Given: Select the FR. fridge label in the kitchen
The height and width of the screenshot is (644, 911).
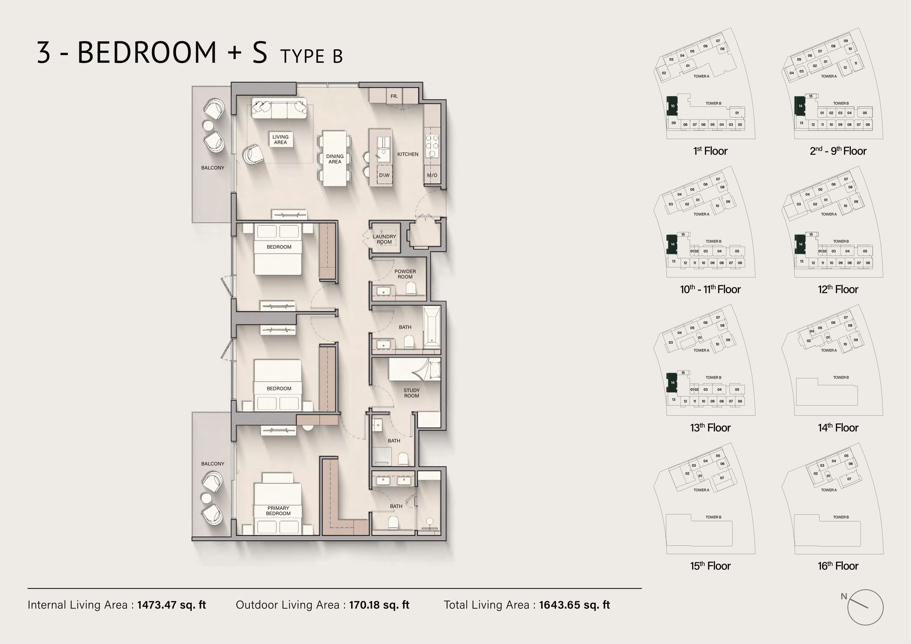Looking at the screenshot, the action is click(394, 96).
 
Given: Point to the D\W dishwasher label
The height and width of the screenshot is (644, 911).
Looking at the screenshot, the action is click(384, 175).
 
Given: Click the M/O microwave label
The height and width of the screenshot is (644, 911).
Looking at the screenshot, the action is click(432, 175).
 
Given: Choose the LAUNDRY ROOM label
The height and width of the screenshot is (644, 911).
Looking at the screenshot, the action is click(384, 239).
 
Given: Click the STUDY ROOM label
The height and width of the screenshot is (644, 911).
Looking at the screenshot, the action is click(411, 393).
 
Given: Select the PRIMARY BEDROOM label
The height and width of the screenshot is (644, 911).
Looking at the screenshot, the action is click(278, 511).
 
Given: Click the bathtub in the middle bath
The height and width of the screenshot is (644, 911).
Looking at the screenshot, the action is click(432, 327).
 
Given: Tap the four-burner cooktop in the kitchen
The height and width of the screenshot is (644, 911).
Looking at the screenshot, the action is click(432, 146).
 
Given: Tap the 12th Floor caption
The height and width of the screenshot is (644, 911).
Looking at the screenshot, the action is click(838, 289).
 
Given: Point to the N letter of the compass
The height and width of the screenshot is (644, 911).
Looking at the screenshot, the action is click(844, 596).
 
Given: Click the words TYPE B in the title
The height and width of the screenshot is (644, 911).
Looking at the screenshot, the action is click(311, 56).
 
